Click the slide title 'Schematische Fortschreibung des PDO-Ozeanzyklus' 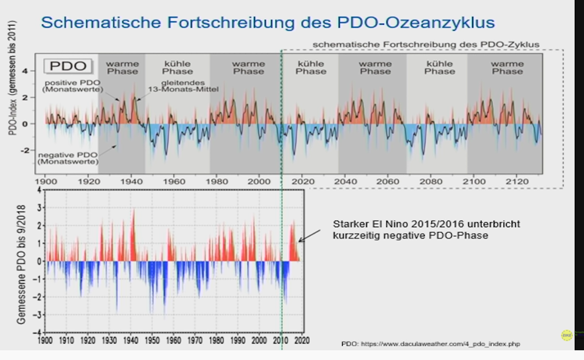pyautogui.click(x=268, y=22)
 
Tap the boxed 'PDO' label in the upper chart pyautogui.click(x=67, y=66)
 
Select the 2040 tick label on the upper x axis pyautogui.click(x=346, y=181)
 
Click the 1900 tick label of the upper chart pyautogui.click(x=46, y=181)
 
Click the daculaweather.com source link pyautogui.click(x=430, y=344)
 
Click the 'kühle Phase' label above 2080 pyautogui.click(x=439, y=67)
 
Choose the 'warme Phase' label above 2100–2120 pyautogui.click(x=507, y=67)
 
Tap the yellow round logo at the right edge pyautogui.click(x=566, y=335)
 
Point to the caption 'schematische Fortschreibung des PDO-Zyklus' pyautogui.click(x=426, y=44)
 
